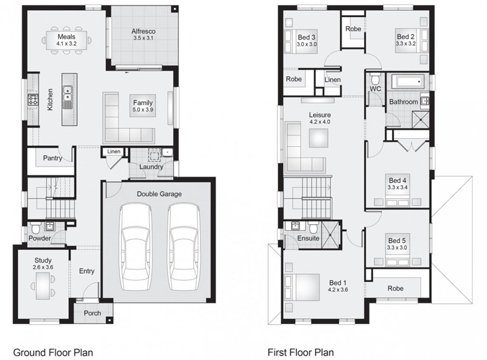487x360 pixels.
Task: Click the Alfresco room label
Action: point(143,31)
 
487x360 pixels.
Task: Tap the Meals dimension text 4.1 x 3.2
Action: point(66,43)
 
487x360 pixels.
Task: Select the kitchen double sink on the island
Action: point(68,93)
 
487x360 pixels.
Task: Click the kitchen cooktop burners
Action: point(33,99)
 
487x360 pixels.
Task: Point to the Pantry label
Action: point(52,158)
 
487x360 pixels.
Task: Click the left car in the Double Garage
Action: point(136,247)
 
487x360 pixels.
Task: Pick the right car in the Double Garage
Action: point(184,247)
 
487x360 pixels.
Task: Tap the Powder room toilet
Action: point(36,228)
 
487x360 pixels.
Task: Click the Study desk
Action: point(43,286)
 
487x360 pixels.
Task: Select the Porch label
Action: point(93,313)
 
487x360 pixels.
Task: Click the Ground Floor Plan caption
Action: point(53,353)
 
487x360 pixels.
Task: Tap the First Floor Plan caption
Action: point(301,353)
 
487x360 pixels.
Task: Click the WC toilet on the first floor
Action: point(375,79)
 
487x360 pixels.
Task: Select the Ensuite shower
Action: point(331,235)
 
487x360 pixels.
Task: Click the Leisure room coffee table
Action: point(318,138)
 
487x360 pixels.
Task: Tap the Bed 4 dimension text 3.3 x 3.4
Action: point(398,188)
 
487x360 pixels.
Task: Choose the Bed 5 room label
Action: point(397,241)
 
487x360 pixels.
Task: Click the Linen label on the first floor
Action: point(332,80)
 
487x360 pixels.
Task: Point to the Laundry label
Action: point(151,167)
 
